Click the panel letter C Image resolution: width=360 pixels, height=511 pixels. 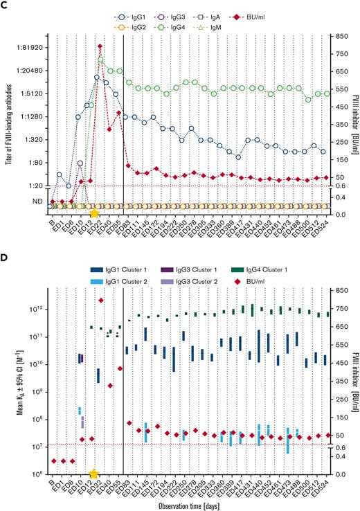point(6,6)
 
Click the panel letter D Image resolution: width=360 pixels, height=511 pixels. point(6,259)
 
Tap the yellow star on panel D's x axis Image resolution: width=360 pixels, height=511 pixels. point(94,474)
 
